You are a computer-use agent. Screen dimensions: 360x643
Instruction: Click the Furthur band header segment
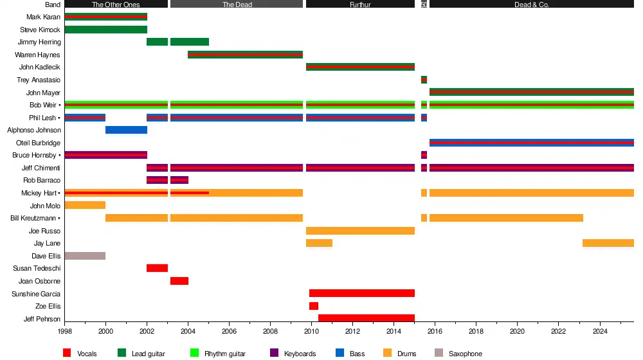[360, 4]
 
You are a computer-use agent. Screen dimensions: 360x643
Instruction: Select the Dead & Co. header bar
[531, 4]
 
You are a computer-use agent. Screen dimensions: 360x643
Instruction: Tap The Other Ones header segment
[116, 4]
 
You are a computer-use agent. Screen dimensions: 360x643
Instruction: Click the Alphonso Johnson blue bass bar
[126, 130]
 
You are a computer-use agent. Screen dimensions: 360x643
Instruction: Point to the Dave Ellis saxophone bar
[85, 256]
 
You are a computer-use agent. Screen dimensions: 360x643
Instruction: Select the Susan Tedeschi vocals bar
[157, 268]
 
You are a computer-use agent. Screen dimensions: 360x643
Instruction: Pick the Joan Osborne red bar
[179, 281]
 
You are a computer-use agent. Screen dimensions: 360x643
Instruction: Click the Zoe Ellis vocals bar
[314, 306]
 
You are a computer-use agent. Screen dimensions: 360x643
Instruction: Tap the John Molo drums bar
[85, 206]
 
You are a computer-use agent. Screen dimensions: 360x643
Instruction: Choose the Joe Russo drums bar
[360, 231]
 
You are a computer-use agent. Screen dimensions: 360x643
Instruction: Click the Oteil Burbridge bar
[531, 143]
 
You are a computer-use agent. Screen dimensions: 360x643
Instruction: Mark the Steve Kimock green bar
[105, 30]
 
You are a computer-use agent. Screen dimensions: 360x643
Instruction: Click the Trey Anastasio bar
[424, 80]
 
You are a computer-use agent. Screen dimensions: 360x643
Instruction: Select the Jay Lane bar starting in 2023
[608, 243]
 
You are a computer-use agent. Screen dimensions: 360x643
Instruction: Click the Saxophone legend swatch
[439, 353]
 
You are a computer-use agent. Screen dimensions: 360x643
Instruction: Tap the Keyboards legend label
[301, 354]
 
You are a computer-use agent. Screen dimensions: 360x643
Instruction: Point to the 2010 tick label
[311, 331]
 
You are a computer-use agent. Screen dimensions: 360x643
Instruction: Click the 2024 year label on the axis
[599, 331]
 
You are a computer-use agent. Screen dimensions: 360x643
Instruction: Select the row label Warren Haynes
[37, 55]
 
